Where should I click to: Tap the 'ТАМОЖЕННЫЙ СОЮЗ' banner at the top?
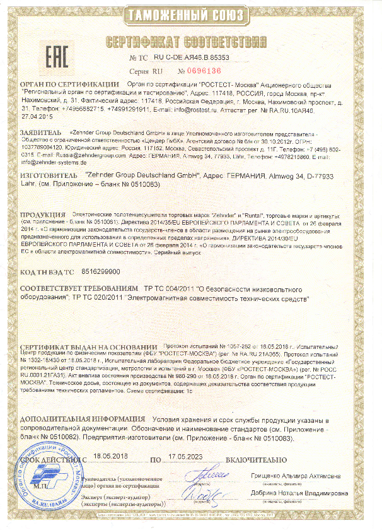[x=192, y=14]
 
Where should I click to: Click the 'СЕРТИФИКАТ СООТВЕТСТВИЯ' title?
[x=192, y=43]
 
